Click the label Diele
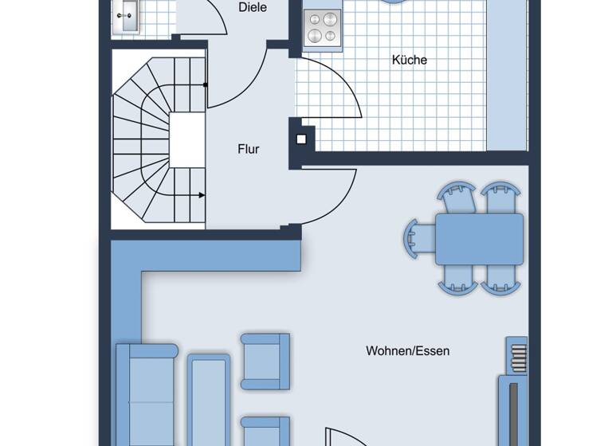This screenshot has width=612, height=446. pos(252,8)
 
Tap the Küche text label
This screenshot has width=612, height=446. pos(409,60)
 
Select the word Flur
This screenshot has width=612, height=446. pos(249,149)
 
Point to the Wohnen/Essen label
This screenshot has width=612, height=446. pos(407,350)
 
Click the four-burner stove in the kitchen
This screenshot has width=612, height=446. pos(323,28)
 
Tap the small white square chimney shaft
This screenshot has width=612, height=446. pos(301,139)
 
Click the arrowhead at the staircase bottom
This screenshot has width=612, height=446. pos(202,194)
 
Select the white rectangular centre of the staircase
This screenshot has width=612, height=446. pos(187,140)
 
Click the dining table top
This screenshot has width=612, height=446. pos(479,239)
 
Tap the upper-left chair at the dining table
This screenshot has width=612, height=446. pos(457,198)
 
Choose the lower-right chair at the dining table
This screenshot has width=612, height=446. pos(501,279)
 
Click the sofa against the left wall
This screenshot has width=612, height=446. pos(146,394)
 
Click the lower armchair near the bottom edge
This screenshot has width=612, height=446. pos(265,430)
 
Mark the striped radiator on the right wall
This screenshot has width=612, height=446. pos(517,354)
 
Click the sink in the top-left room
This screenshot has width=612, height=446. pos(127,16)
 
